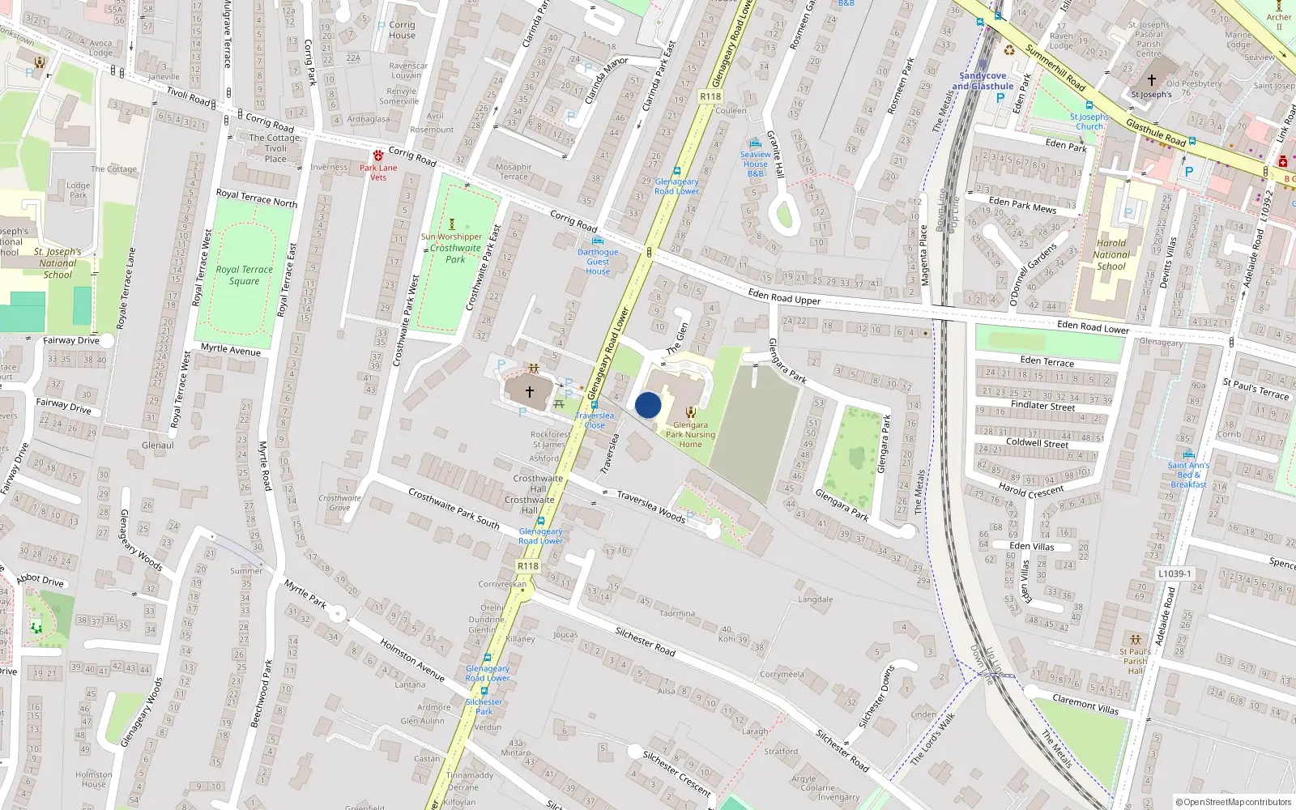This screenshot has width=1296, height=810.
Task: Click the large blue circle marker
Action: pyautogui.click(x=648, y=405)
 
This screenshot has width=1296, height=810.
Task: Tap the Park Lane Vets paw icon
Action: pyautogui.click(x=378, y=156)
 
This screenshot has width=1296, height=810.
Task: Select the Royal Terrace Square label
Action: pyautogui.click(x=244, y=275)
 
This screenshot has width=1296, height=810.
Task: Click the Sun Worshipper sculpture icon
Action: pyautogui.click(x=452, y=224)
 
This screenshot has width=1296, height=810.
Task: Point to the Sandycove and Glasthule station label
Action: pyautogui.click(x=983, y=81)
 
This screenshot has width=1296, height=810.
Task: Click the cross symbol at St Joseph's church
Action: pyautogui.click(x=1152, y=80)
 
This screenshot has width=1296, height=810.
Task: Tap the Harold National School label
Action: pyautogui.click(x=1111, y=254)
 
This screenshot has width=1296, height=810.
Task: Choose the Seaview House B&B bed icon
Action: pyautogui.click(x=756, y=143)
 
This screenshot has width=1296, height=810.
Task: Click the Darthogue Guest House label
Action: pyautogui.click(x=598, y=262)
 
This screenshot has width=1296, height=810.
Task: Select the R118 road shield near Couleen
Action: pyautogui.click(x=710, y=96)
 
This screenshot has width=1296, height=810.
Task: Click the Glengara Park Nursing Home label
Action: pyautogui.click(x=690, y=434)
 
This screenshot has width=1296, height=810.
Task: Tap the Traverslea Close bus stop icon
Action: pyautogui.click(x=595, y=405)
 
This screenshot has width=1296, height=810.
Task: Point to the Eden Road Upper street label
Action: pyautogui.click(x=784, y=297)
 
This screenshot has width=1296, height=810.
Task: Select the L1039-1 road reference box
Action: pyautogui.click(x=1174, y=573)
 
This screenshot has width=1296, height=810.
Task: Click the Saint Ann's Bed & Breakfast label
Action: pyautogui.click(x=1188, y=475)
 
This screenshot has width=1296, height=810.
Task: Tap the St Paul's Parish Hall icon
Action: pyautogui.click(x=1136, y=640)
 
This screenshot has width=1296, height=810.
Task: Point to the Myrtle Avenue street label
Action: pyautogui.click(x=231, y=350)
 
